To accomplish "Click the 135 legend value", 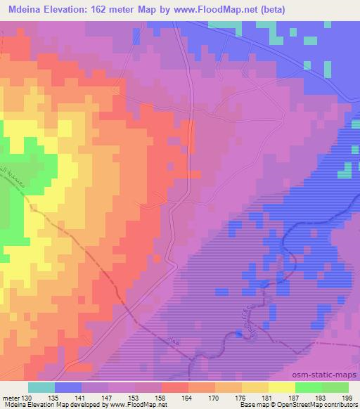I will pyautogui.click(x=54, y=398).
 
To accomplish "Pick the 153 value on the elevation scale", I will pyautogui.click(x=134, y=398).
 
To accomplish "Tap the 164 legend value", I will pyautogui.click(x=188, y=398).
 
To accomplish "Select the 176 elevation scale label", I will pyautogui.click(x=241, y=398).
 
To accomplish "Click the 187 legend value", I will pyautogui.click(x=295, y=398).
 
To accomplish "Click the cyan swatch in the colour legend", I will pyautogui.click(x=41, y=387).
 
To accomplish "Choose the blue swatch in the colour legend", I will pyautogui.click(x=68, y=387).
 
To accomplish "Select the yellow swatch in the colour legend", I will pyautogui.click(x=282, y=387).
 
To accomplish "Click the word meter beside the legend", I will pyautogui.click(x=11, y=398).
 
